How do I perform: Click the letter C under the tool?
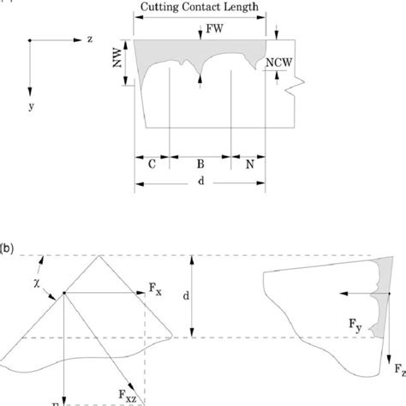point(152,162)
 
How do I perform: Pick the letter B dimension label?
point(200,162)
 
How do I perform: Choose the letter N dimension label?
point(248,162)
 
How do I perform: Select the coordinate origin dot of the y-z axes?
point(31,40)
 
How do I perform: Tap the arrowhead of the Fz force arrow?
point(388,377)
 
